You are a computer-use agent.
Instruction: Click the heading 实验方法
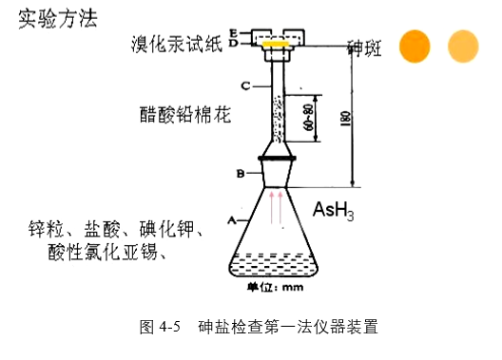[58, 19]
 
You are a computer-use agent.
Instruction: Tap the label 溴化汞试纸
[177, 44]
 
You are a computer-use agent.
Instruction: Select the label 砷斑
[365, 48]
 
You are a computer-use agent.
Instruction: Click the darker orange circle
[415, 47]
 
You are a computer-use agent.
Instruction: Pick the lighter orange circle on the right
[463, 47]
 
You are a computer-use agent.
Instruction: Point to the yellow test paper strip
[276, 44]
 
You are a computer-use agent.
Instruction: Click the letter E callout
[233, 33]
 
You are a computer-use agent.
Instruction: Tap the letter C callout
[245, 86]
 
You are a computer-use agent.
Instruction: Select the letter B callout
[241, 174]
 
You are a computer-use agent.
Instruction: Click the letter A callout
[232, 220]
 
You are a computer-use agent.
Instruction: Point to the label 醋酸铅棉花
[185, 114]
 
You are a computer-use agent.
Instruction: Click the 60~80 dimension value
[309, 118]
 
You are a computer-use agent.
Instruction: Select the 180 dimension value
[345, 119]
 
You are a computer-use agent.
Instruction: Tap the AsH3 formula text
[334, 211]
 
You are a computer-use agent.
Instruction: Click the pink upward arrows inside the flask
[276, 207]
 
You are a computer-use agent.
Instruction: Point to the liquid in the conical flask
[273, 264]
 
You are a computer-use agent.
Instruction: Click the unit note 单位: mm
[275, 287]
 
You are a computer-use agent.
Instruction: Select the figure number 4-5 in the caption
[170, 327]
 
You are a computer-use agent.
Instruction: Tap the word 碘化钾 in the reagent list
[166, 229]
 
